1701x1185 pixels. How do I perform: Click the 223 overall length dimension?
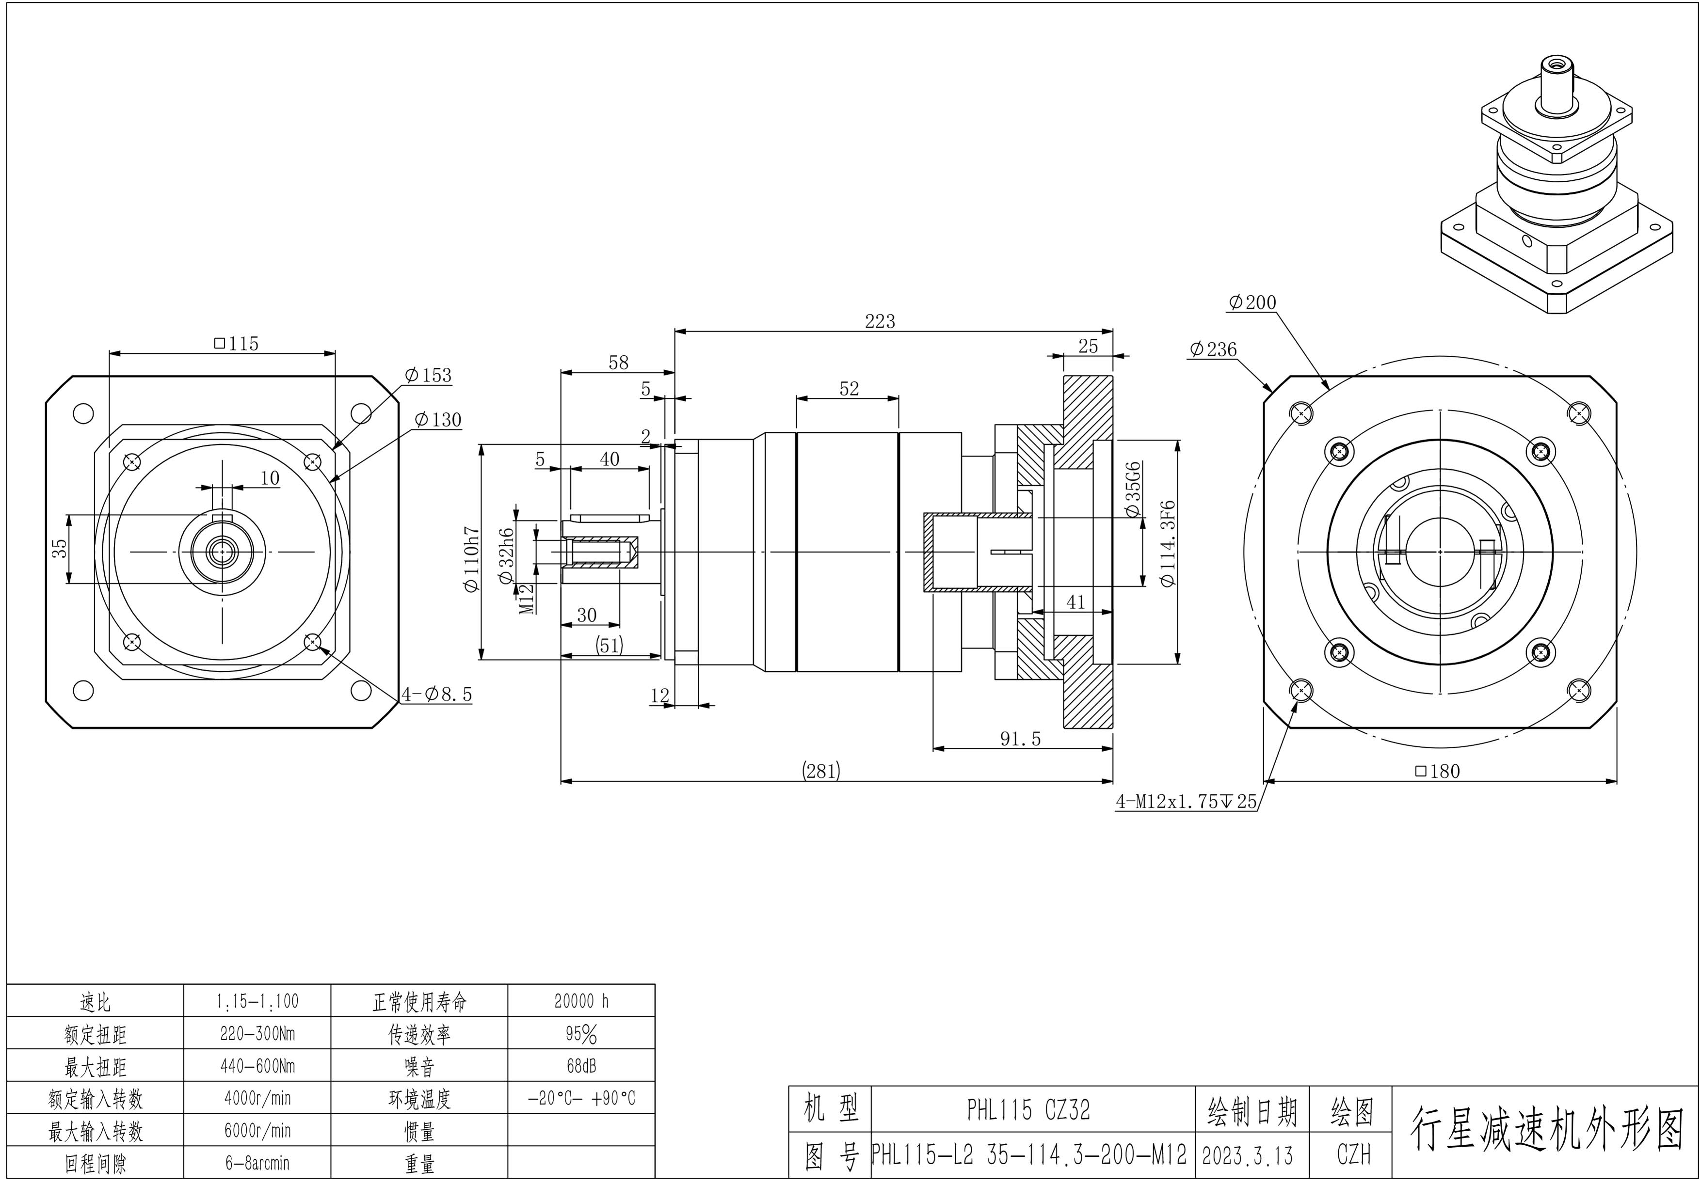(x=880, y=321)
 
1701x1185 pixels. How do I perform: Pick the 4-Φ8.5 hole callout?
(x=436, y=695)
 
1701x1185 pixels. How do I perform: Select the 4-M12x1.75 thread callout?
(x=1186, y=801)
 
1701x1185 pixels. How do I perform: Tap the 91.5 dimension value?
(x=1020, y=739)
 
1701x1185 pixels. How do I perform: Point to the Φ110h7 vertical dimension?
(x=472, y=559)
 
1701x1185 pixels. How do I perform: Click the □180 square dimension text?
(x=1437, y=771)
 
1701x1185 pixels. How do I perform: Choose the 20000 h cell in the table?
(x=581, y=1001)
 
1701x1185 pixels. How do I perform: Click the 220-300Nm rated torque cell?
(x=257, y=1033)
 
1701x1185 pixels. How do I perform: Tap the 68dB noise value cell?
(x=581, y=1066)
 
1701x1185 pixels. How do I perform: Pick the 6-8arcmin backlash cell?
(x=257, y=1163)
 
